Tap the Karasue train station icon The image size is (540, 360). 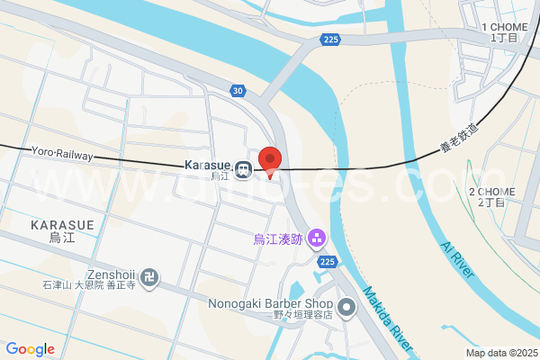pyautogui.click(x=243, y=169)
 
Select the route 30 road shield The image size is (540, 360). pyautogui.click(x=237, y=90)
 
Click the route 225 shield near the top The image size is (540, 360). pyautogui.click(x=331, y=40)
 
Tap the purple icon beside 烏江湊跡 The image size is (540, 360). pyautogui.click(x=316, y=238)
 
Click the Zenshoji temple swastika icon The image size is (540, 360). pyautogui.click(x=150, y=276)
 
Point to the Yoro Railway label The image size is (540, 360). pyautogui.click(x=62, y=154)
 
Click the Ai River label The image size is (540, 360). pyautogui.click(x=457, y=258)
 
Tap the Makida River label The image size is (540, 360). pyautogui.click(x=390, y=320)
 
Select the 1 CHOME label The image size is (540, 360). pyautogui.click(x=503, y=28)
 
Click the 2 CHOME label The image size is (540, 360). pyautogui.click(x=491, y=193)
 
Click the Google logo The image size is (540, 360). pyautogui.click(x=30, y=349)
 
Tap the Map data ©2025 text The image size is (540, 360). pyautogui.click(x=499, y=353)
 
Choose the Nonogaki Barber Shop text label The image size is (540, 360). pyautogui.click(x=271, y=303)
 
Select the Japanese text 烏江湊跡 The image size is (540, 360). pyautogui.click(x=277, y=239)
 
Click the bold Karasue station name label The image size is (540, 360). pyautogui.click(x=207, y=166)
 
